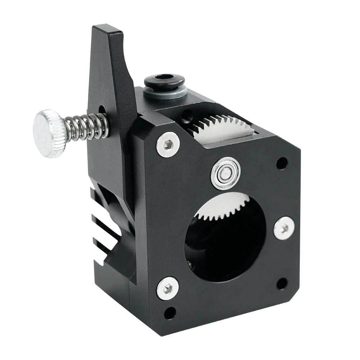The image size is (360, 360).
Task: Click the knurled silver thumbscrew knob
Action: (50, 133)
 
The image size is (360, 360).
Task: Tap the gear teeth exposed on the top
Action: (216, 124)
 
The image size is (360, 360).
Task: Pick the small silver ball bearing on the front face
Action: (225, 173)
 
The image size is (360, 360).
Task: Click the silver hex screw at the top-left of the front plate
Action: (168, 144)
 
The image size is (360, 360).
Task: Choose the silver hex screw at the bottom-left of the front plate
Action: (168, 288)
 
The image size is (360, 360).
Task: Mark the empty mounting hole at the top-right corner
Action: (282, 163)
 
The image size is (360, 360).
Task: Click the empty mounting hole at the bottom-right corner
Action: (282, 283)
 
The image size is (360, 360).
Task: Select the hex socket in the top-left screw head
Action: (168, 144)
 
